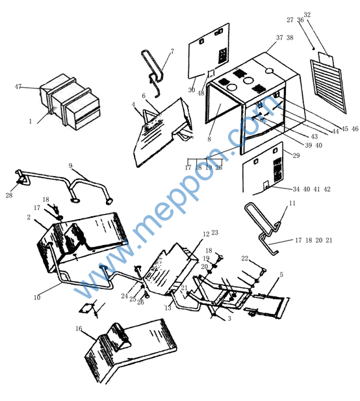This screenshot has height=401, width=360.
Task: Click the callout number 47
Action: tap(18, 86)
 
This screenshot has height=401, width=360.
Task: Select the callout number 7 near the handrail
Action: tap(172, 51)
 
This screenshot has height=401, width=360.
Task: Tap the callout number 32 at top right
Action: tap(307, 15)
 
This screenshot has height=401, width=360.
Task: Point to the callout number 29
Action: tap(296, 155)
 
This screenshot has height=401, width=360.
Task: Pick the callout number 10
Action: tap(37, 298)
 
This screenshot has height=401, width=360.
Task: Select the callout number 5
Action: tap(281, 275)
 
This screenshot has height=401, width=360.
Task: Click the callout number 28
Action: tap(9, 196)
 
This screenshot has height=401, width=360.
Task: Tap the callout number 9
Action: tap(71, 166)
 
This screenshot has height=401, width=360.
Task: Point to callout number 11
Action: tap(292, 203)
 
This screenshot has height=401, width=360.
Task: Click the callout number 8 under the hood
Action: tap(209, 139)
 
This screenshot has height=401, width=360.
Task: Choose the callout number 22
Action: tap(245, 258)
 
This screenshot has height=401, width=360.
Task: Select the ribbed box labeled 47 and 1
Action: tap(70, 102)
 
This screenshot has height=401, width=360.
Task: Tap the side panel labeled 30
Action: tap(209, 51)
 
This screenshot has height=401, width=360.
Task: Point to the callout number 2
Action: tap(29, 217)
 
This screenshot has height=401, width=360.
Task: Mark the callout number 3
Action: tap(229, 318)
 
